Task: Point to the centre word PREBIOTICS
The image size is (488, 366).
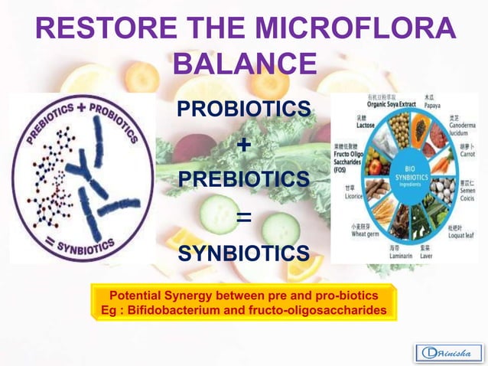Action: pos(244,179)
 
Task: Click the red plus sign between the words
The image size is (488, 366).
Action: pos(244,145)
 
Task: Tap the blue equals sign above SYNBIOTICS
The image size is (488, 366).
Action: pos(244,217)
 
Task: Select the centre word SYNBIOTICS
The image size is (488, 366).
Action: pos(244,253)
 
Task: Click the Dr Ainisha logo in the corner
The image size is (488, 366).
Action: pos(447,352)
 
